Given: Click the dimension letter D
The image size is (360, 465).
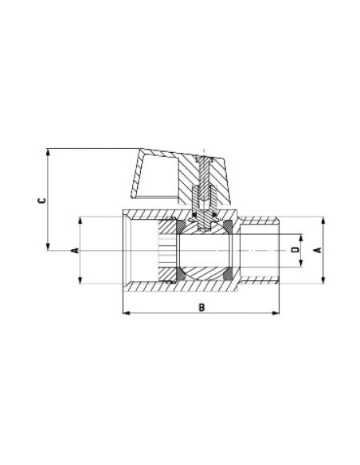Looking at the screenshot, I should coord(295,250).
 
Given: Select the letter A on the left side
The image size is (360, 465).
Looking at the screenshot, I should coord(76,250).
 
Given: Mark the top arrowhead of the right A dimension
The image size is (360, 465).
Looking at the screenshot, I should coord(322,219).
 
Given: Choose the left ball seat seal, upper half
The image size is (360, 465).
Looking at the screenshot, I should coord(182,232).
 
